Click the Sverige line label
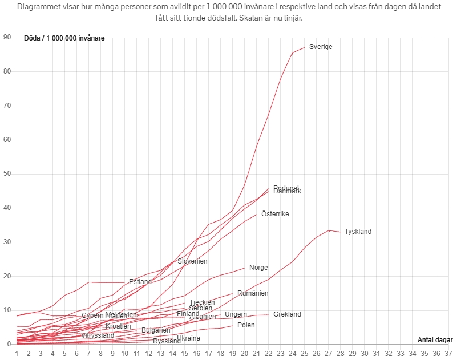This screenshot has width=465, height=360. (321, 47)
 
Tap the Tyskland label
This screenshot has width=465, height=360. (358, 232)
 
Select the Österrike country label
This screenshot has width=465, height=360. (275, 214)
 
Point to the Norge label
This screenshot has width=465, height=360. (258, 268)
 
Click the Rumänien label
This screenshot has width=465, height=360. (253, 293)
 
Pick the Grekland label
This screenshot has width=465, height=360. (287, 314)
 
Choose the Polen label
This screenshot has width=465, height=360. (246, 325)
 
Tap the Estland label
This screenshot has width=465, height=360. (140, 282)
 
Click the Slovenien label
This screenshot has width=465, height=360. (192, 261)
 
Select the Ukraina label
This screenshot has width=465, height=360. (188, 338)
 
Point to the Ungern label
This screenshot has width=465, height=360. (236, 314)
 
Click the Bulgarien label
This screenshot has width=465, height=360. (156, 330)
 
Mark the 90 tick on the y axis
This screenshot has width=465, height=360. (7, 38)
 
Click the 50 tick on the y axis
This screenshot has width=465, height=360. (7, 174)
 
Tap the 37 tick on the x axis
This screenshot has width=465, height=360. (448, 354)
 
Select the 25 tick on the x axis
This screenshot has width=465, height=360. (305, 354)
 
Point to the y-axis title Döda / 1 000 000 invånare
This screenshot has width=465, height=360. (64, 38)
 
